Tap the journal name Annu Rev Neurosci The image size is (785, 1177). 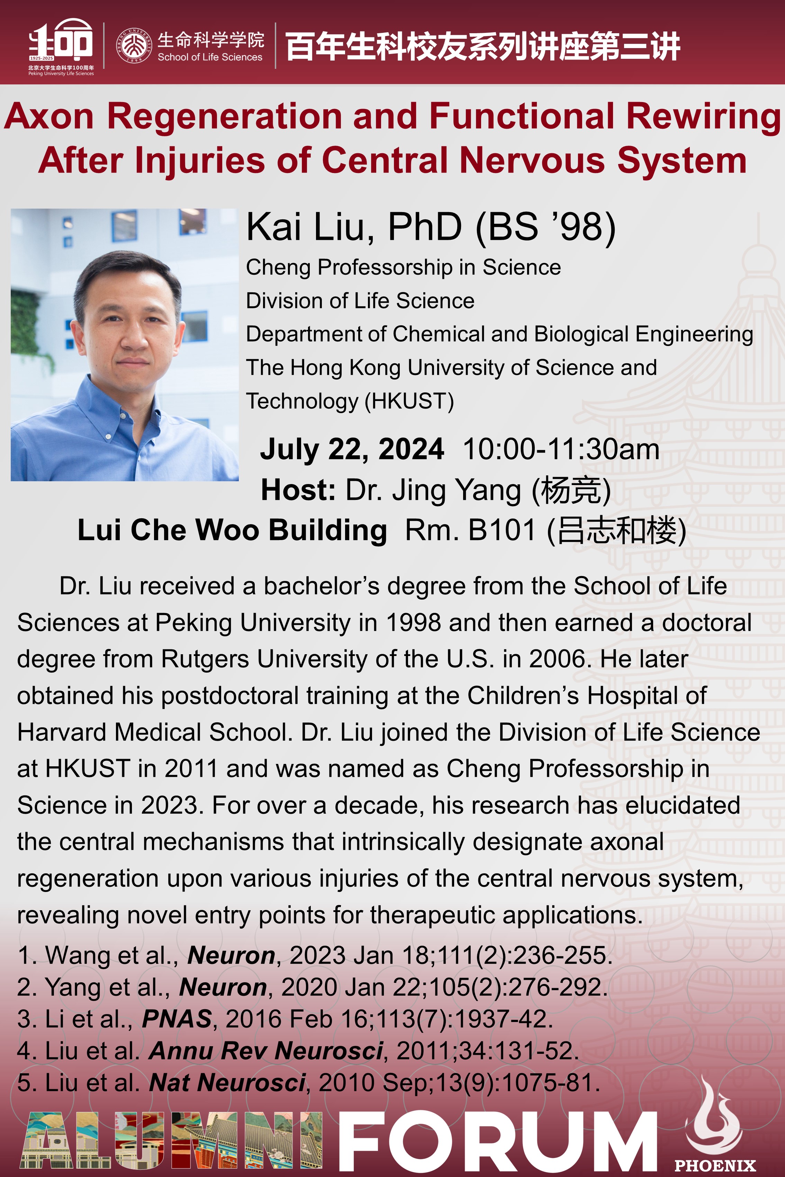pos(266,1050)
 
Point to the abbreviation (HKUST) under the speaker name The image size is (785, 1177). pos(409,401)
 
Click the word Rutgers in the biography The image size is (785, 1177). pos(204,659)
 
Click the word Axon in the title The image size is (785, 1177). pos(49,116)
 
